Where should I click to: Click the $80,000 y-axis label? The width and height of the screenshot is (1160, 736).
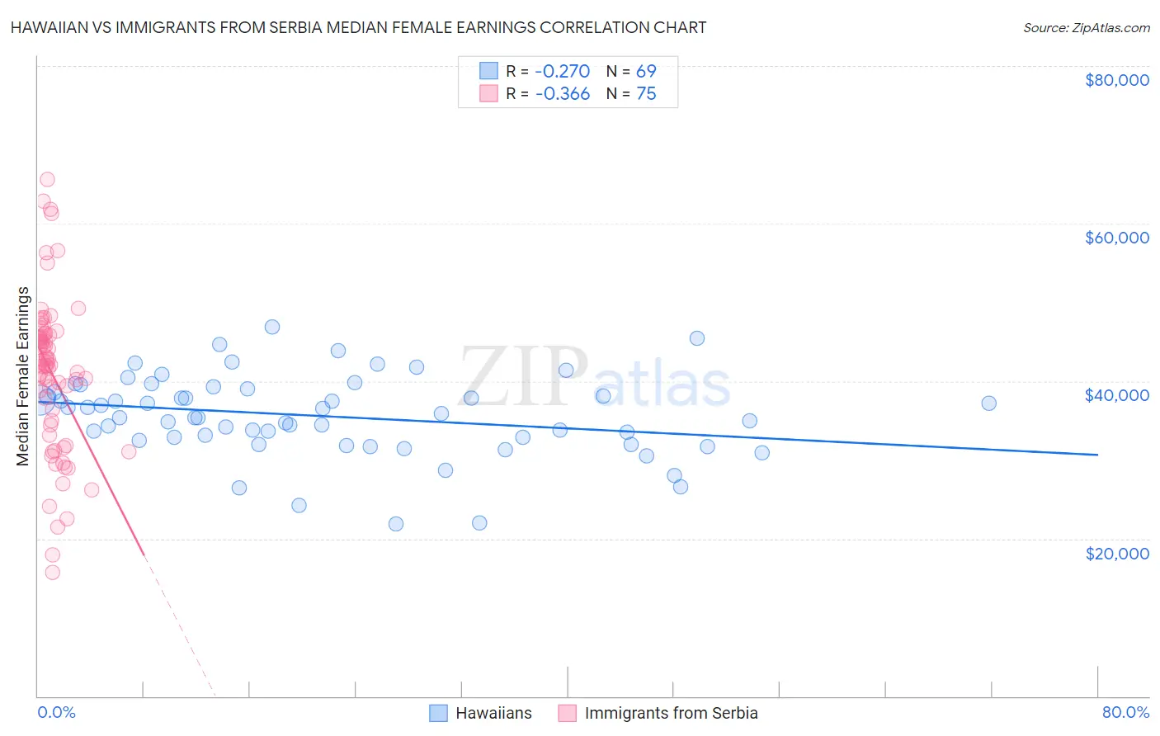click(x=1116, y=80)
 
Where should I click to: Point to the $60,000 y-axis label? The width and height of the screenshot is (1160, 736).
click(x=1116, y=238)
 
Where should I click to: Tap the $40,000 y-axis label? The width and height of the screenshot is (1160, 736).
click(x=1116, y=395)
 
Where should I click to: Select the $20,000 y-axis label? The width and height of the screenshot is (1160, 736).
click(x=1116, y=553)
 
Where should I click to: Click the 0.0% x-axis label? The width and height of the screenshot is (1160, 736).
click(x=56, y=712)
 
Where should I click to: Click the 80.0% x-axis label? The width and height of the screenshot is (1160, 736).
click(x=1125, y=712)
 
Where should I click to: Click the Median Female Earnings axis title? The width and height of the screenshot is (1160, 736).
click(x=23, y=376)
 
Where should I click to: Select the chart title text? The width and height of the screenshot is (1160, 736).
click(x=358, y=27)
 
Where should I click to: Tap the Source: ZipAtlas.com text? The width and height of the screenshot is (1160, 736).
click(x=1086, y=27)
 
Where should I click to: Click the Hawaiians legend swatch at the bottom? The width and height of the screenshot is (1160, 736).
click(x=438, y=713)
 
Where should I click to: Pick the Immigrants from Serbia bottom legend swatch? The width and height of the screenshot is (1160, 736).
click(x=567, y=713)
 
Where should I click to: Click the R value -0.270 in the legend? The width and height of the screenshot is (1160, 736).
click(x=562, y=71)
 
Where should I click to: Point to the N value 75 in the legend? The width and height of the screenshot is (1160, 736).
click(x=646, y=94)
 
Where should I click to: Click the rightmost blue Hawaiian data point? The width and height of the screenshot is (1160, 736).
click(x=988, y=403)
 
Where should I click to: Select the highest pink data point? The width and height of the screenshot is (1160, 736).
click(x=47, y=180)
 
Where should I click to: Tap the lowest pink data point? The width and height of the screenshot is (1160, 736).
click(x=52, y=573)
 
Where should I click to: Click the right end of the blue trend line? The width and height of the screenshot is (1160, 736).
click(x=1097, y=455)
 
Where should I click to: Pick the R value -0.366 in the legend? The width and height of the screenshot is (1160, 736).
click(x=562, y=94)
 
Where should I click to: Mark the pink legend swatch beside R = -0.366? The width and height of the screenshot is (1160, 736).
click(x=488, y=94)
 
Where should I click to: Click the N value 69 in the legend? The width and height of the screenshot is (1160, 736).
click(x=646, y=71)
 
